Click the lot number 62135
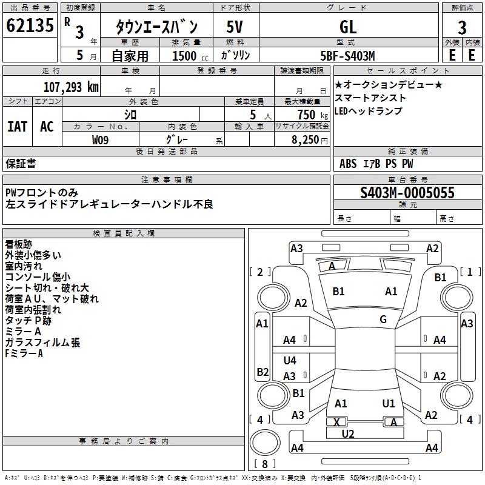[30, 25]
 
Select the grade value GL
[348, 27]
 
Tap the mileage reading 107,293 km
[71, 87]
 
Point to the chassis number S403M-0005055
[407, 193]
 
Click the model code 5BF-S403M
[347, 56]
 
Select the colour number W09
[100, 140]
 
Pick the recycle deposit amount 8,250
[306, 140]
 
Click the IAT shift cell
[18, 127]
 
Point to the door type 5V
[235, 27]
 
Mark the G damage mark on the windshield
[383, 319]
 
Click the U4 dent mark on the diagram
[290, 360]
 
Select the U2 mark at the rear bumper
[348, 434]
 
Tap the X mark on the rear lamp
[337, 422]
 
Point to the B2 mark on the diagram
[263, 372]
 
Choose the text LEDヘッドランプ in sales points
[369, 111]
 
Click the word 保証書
[21, 163]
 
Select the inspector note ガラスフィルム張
[42, 343]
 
